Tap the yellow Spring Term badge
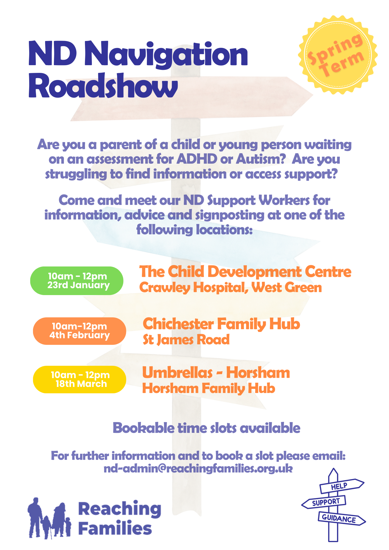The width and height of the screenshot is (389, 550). (x=338, y=55)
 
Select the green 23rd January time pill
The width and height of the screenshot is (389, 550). (x=77, y=281)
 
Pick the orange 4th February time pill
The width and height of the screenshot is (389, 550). (x=80, y=331)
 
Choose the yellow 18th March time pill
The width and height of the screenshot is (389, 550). (x=80, y=380)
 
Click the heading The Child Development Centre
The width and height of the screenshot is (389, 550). (x=245, y=272)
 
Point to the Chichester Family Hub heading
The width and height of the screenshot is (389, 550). (x=221, y=324)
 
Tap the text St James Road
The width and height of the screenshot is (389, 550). (x=186, y=340)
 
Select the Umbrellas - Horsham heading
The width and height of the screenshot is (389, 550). (x=216, y=373)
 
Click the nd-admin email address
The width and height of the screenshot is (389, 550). (x=198, y=468)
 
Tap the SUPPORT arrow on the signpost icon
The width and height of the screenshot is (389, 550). (x=324, y=502)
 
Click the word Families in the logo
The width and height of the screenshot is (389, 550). (x=115, y=528)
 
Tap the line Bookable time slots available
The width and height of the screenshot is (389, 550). (x=206, y=428)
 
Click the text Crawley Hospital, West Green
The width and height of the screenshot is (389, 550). (x=231, y=288)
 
